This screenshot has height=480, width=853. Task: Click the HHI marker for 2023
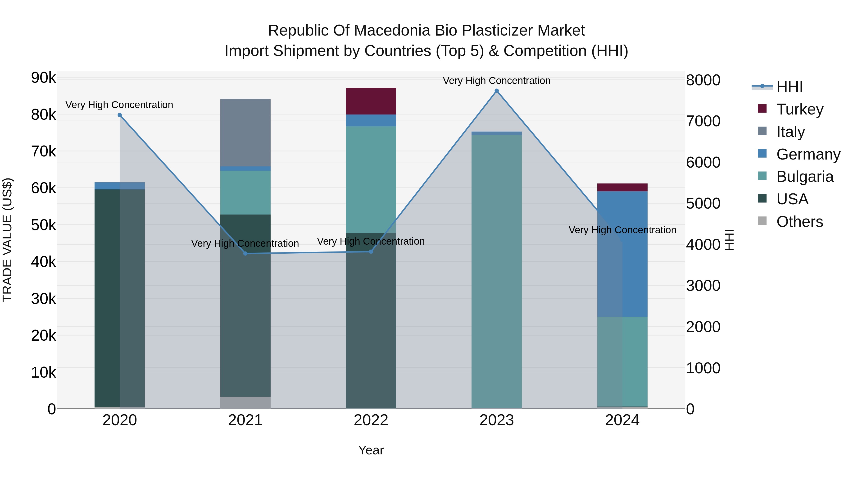[x=496, y=91]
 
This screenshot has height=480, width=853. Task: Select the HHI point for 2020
[x=120, y=115]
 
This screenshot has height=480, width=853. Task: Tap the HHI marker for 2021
[x=245, y=253]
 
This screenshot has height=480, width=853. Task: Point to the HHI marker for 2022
[x=371, y=251]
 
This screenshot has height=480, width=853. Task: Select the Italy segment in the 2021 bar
[x=245, y=133]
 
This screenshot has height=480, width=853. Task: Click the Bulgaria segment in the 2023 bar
[x=496, y=272]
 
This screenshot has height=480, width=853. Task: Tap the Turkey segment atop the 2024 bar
[x=622, y=187]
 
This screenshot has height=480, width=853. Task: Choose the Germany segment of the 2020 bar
[x=120, y=186]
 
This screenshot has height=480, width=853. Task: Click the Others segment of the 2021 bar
[x=245, y=402]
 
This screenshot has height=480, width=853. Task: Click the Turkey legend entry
[x=799, y=109]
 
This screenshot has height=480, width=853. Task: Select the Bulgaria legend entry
[x=804, y=177]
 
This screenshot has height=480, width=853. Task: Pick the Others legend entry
[x=799, y=222]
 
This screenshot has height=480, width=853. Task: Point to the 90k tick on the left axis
[x=43, y=78]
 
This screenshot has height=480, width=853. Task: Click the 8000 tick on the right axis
[x=703, y=80]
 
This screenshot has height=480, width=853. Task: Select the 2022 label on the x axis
[x=371, y=420]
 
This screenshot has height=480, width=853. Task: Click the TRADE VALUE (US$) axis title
[x=7, y=240]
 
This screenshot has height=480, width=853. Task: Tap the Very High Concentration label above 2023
[x=496, y=81]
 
